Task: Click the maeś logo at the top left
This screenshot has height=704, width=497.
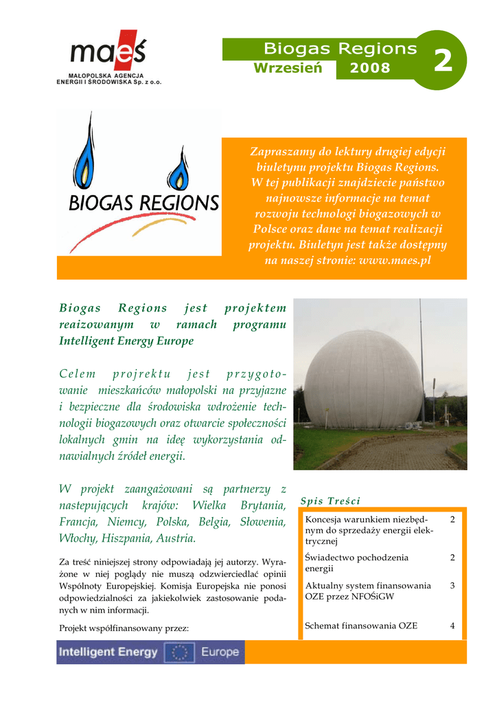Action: click(x=108, y=52)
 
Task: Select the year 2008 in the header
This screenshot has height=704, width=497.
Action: click(x=370, y=68)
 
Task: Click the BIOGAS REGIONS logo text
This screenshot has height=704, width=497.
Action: click(x=143, y=203)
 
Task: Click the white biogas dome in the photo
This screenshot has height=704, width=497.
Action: click(x=363, y=378)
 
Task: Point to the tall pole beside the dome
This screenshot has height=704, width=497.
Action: click(x=420, y=357)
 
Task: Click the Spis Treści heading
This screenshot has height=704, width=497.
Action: click(x=330, y=500)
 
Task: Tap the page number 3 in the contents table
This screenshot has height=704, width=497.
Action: click(x=452, y=586)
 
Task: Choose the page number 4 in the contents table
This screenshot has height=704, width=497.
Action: click(x=452, y=626)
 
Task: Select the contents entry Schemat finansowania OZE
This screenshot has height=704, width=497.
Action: click(x=361, y=626)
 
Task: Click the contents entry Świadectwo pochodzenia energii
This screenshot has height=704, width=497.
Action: click(x=357, y=563)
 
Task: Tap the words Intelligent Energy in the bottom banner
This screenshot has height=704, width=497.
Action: click(x=108, y=652)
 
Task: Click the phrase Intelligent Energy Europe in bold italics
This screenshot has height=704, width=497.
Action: click(x=126, y=341)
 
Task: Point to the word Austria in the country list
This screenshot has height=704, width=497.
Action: click(x=176, y=538)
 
